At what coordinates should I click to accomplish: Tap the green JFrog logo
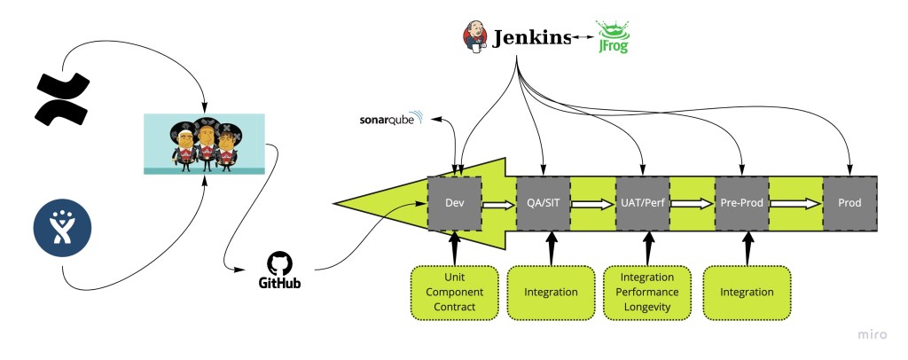point(614,37)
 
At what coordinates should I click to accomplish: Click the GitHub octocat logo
point(279,263)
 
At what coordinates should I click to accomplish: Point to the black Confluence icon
point(61,98)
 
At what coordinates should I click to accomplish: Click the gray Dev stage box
point(455,203)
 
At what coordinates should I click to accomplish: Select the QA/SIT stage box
point(543,203)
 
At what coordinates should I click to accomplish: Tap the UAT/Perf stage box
point(642,203)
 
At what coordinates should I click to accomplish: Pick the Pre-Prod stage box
point(741,203)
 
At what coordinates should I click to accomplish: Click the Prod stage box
point(849,203)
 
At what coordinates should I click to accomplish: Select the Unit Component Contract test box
point(454,292)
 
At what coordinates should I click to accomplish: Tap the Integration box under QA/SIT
point(551,292)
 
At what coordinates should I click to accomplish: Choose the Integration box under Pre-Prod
point(747,292)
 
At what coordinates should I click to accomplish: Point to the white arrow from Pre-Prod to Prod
point(794,204)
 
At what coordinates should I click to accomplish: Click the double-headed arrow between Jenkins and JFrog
point(583,38)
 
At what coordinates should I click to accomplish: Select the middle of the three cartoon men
point(206,143)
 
